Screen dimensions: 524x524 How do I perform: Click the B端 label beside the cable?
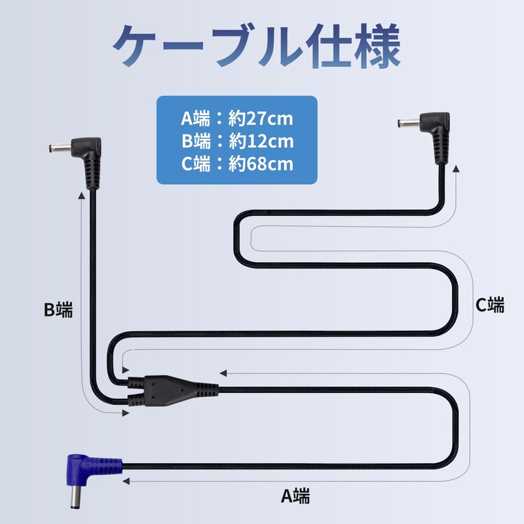[58, 309]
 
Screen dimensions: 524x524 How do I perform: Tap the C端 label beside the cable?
[490, 305]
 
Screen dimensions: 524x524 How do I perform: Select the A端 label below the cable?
[296, 496]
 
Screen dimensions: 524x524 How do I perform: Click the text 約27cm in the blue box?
[261, 119]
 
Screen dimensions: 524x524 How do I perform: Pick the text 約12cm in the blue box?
[261, 141]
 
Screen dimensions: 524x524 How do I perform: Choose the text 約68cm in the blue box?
[261, 163]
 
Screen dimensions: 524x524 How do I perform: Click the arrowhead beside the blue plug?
[126, 481]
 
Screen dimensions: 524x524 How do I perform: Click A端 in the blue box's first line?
[196, 119]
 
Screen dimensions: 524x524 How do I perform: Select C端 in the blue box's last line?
[196, 163]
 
